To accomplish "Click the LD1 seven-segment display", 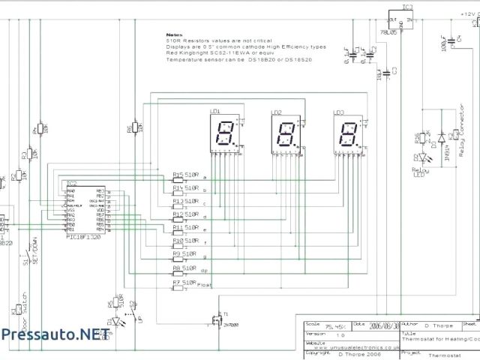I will tap(224, 134).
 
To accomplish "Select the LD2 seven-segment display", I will tap(286, 135).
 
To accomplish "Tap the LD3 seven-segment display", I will tap(347, 134).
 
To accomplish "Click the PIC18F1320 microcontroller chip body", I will tap(85, 209).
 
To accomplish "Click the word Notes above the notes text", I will tap(174, 34).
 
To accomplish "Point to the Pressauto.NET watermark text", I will tap(49, 334).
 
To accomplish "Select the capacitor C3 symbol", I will tap(386, 73).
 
